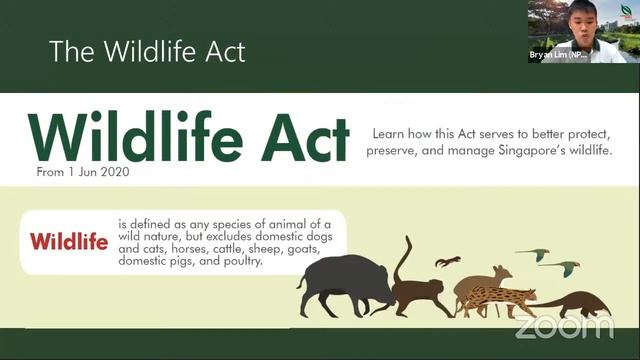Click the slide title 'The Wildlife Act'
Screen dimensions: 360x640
click(147, 50)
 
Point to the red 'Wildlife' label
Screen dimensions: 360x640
click(69, 241)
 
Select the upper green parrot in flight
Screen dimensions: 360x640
click(532, 255)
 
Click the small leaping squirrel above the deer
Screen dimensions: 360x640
click(448, 262)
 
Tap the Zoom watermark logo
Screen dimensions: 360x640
click(564, 326)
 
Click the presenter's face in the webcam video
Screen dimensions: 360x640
click(568, 19)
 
